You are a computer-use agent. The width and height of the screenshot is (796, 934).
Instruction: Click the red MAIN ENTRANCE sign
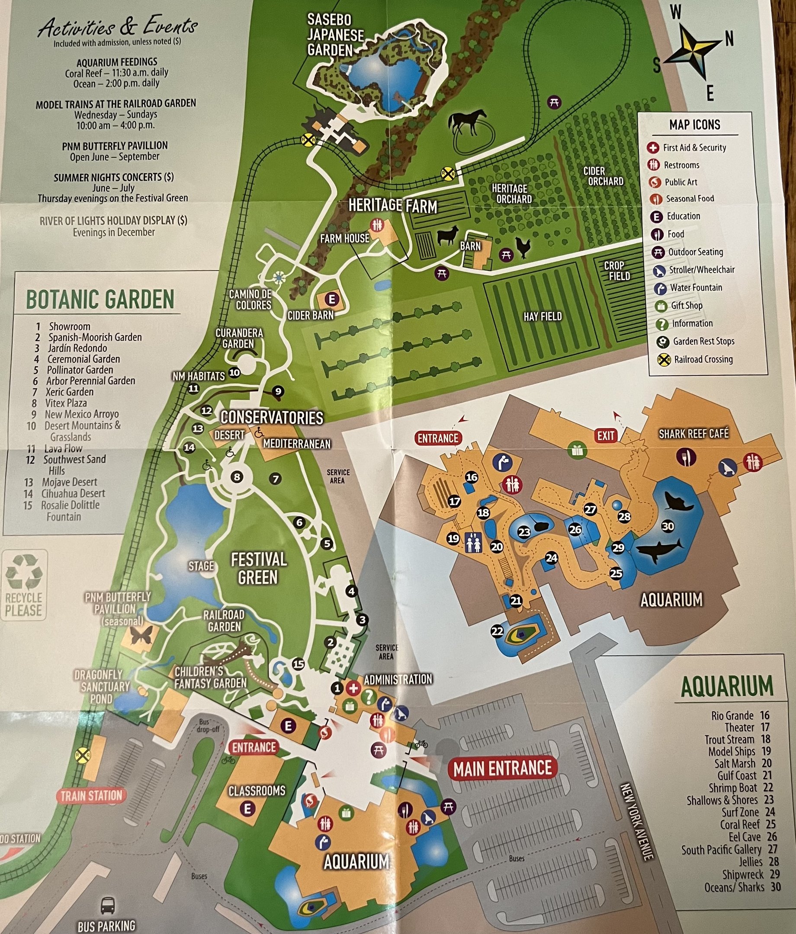[502, 768]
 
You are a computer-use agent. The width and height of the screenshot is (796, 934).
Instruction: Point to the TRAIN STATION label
[91, 796]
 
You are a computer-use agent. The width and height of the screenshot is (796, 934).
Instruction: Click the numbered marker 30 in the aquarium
[668, 526]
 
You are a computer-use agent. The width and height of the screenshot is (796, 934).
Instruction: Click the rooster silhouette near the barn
[523, 247]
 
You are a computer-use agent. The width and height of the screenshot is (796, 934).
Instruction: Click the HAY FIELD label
[542, 317]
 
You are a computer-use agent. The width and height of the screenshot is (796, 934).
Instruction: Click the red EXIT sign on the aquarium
[606, 435]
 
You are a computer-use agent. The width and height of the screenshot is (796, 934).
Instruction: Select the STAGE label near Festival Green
[201, 565]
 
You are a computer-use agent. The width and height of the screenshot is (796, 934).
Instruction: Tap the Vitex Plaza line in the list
[65, 403]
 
